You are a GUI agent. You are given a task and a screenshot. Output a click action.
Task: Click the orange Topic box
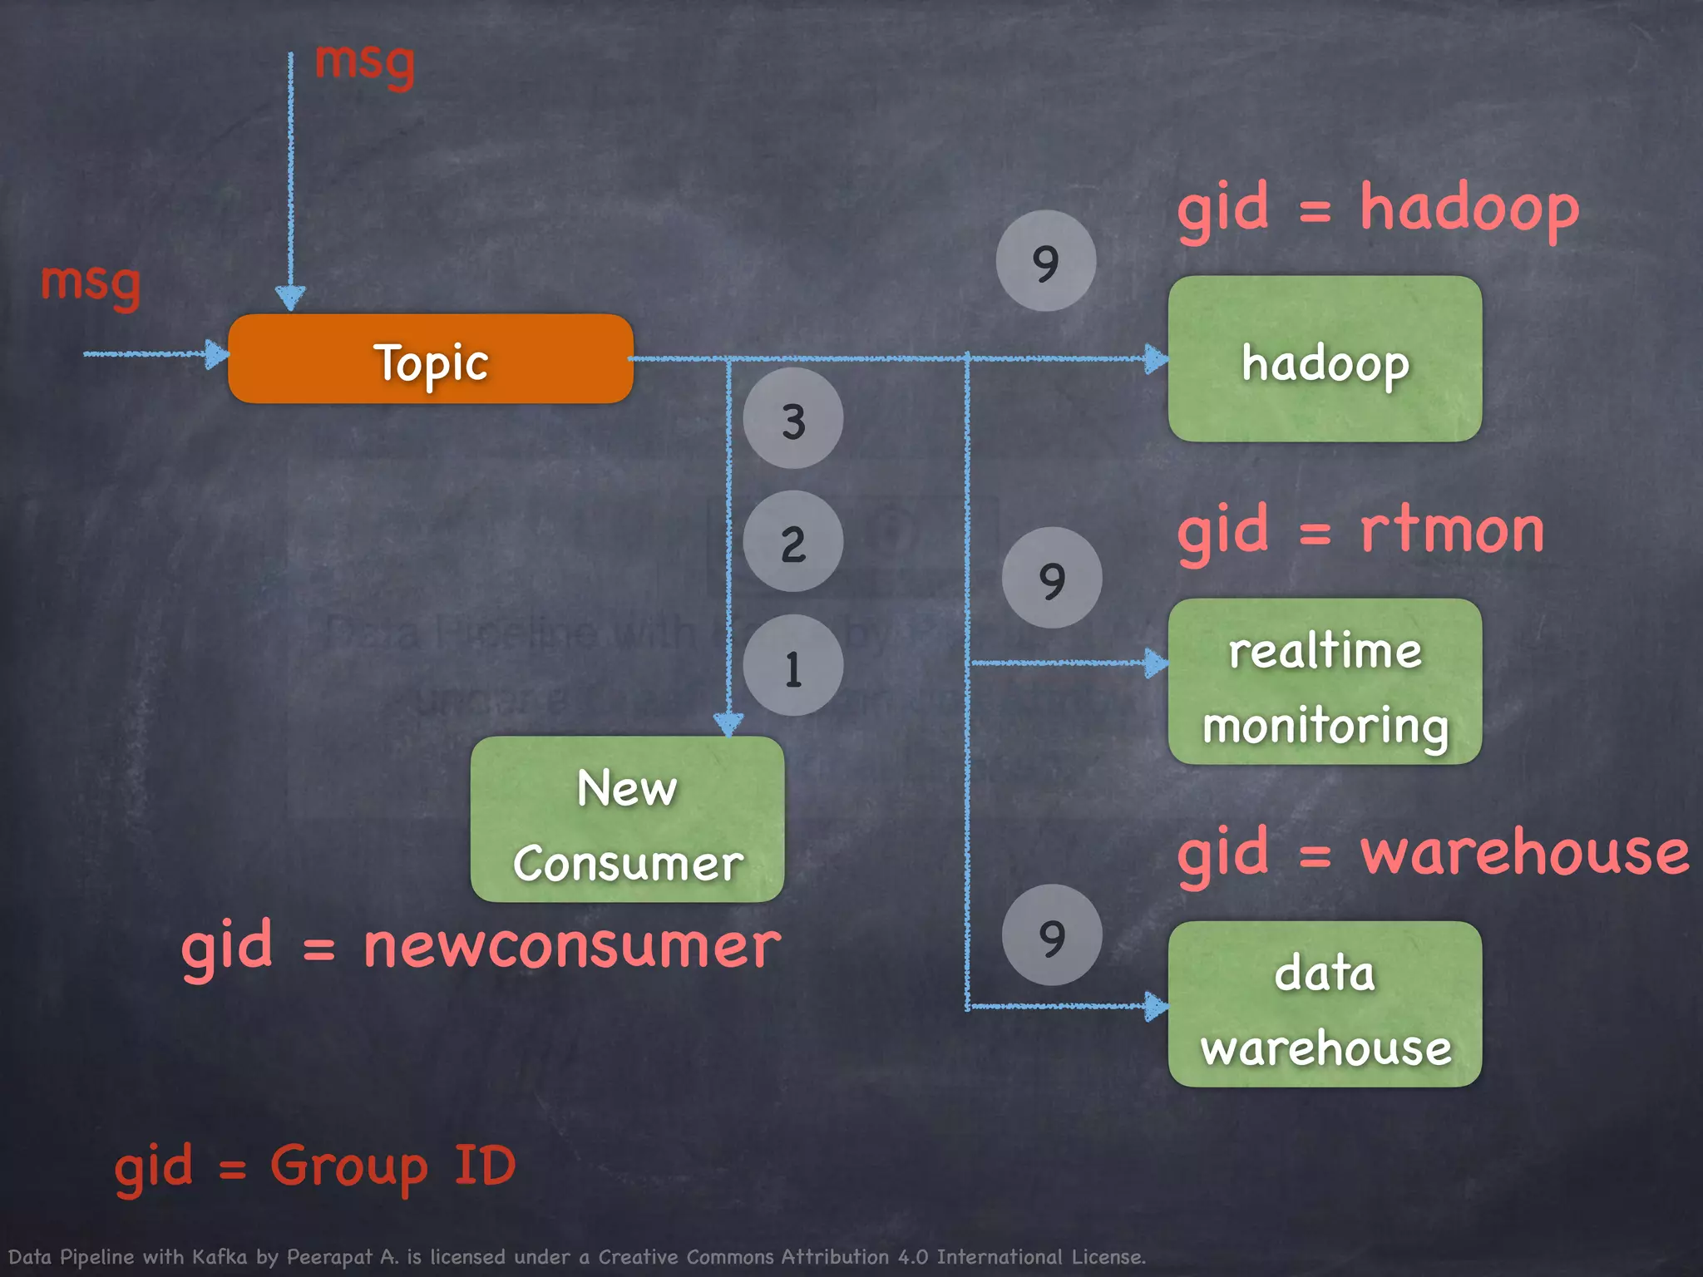pos(431,359)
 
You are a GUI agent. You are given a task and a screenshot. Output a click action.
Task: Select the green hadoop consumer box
pos(1325,359)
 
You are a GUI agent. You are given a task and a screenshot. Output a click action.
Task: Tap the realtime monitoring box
pos(1325,682)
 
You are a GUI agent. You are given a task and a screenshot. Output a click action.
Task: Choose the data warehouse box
pos(1325,1004)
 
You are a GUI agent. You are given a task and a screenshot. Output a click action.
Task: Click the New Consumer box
pos(627,820)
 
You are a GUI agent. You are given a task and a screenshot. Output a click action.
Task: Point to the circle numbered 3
pos(792,419)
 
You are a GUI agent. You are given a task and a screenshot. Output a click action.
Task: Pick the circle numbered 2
pos(792,542)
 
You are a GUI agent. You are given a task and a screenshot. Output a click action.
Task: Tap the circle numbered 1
pos(792,666)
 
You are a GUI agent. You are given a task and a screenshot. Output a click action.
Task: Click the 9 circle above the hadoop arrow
pos(1045,261)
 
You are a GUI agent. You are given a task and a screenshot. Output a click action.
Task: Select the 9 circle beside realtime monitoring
pos(1052,578)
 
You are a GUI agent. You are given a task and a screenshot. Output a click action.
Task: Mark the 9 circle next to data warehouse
pos(1052,935)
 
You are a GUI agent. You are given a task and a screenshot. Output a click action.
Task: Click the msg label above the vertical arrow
pos(364,63)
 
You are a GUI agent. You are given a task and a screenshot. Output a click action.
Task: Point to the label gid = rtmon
pos(1360,532)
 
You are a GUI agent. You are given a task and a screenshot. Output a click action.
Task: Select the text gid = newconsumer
pos(481,948)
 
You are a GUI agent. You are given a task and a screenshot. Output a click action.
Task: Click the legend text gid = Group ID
pos(314,1167)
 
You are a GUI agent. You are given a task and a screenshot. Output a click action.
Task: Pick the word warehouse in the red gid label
pos(1524,853)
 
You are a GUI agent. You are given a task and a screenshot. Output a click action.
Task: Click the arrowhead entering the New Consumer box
pos(728,724)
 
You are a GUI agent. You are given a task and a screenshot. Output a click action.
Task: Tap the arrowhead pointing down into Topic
pos(290,298)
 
